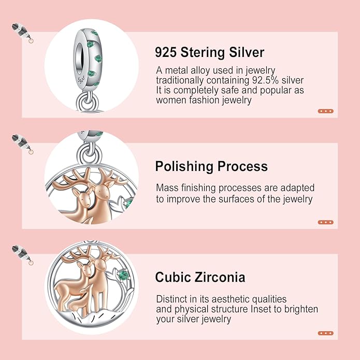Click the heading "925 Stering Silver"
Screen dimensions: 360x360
pos(209,52)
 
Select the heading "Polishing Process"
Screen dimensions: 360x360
pos(211,166)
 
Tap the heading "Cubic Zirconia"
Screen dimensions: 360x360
pos(200,277)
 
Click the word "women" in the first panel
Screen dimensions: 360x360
pos(171,100)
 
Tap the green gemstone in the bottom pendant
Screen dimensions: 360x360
pos(122,274)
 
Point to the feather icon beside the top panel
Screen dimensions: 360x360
pos(22,32)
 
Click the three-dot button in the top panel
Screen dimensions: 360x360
pos(325,111)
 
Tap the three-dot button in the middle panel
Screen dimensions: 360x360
pos(325,222)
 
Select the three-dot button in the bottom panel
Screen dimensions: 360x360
pos(325,333)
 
